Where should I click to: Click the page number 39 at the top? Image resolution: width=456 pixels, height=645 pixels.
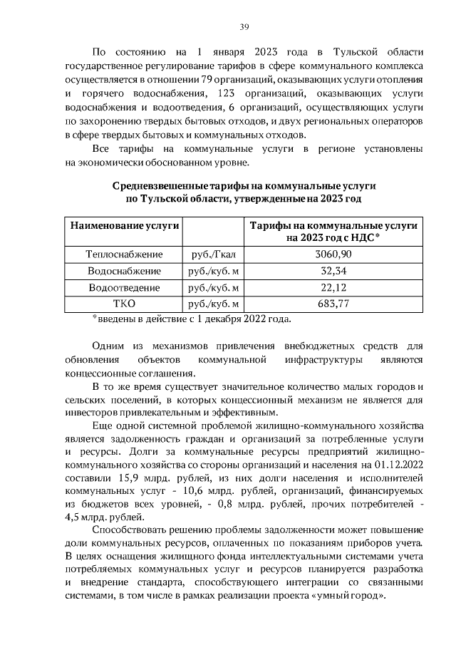pyautogui.click(x=244, y=26)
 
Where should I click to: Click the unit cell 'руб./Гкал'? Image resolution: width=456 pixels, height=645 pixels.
pyautogui.click(x=212, y=254)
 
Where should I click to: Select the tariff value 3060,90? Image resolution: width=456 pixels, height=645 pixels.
pyautogui.click(x=333, y=254)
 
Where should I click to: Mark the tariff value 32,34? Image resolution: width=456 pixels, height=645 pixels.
pyautogui.click(x=333, y=272)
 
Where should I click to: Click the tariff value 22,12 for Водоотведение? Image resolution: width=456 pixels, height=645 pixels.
pyautogui.click(x=333, y=288)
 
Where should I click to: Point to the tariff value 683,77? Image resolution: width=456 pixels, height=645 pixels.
pyautogui.click(x=333, y=304)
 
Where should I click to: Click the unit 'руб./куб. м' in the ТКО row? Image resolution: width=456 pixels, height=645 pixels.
pyautogui.click(x=212, y=304)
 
